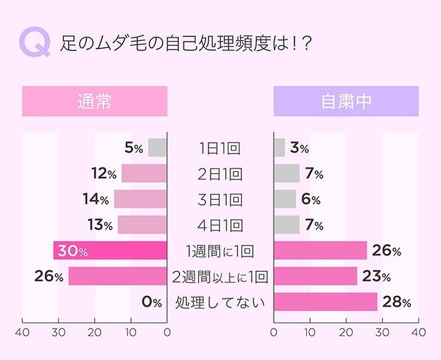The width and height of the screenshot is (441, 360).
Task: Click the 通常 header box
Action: pos(94,101)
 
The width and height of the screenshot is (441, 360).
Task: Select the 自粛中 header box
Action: pos(346,101)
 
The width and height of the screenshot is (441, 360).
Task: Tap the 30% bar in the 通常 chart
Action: pos(110,250)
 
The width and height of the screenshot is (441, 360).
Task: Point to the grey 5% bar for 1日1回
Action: pos(157,148)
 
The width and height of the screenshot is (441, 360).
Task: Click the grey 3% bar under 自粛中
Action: pos(279,148)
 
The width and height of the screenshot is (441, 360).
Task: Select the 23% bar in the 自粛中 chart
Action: pos(316,276)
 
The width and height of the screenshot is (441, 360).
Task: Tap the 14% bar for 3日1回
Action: pos(140,200)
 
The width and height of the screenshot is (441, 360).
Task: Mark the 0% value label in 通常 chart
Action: pos(152,302)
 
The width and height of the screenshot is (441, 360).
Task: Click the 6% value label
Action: pos(311,200)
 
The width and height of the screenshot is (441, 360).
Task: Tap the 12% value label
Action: pos(103,174)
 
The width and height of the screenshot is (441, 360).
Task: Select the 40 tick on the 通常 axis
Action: pos(23,332)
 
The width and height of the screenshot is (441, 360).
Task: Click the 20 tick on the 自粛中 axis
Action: pos(346,332)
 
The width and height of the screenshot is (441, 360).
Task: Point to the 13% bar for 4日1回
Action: pos(142,225)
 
